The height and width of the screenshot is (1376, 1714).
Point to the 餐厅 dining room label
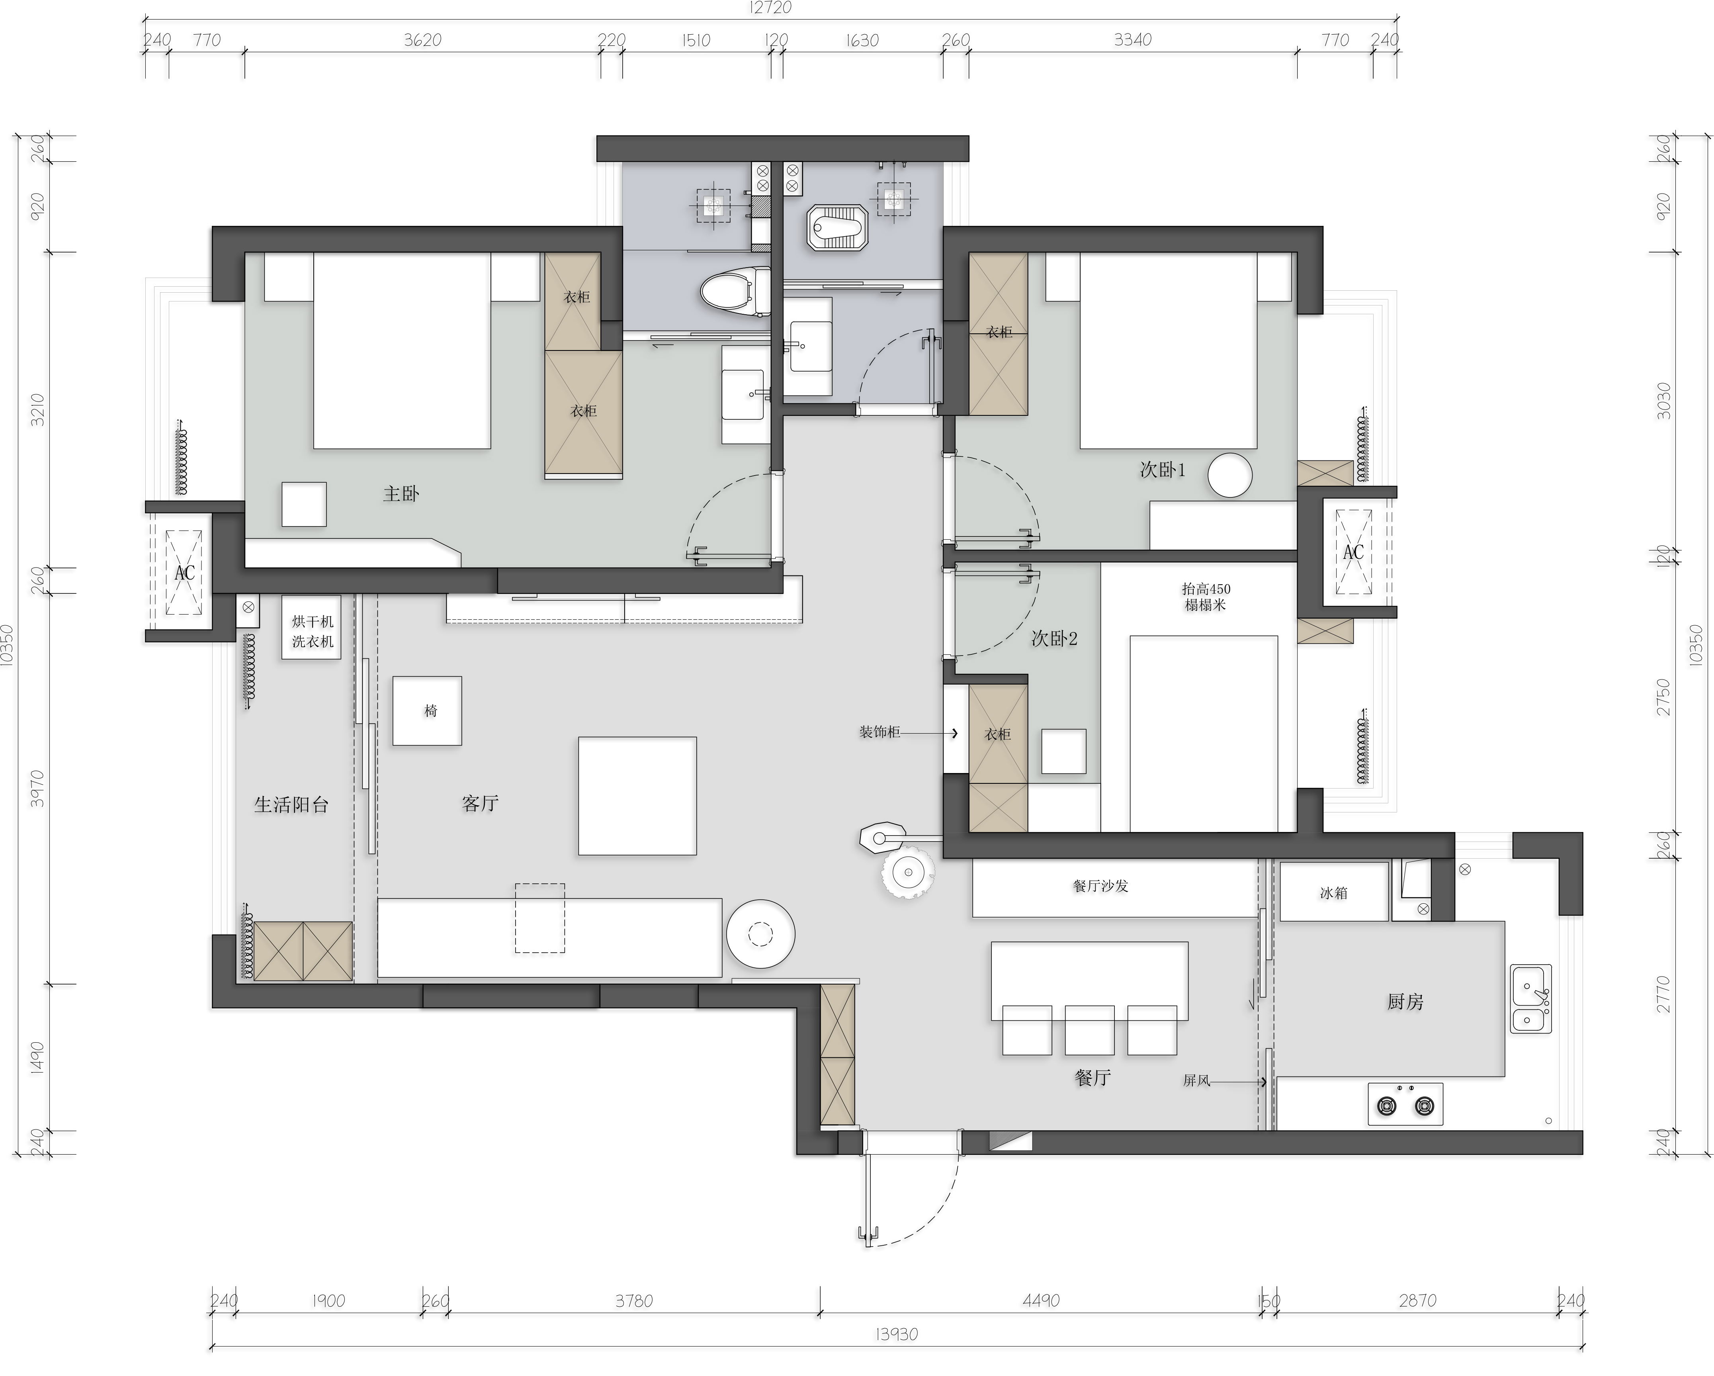point(1093,1078)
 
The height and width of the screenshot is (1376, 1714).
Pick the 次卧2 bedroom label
point(1054,639)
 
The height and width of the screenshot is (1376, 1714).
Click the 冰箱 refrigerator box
point(1334,893)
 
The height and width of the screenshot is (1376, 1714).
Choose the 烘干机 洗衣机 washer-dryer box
point(312,628)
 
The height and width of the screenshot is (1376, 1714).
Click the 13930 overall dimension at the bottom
point(897,1334)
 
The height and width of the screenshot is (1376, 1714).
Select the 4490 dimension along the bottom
point(1041,1300)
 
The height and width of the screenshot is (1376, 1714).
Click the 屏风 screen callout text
point(1196,1081)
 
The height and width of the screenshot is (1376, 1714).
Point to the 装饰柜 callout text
point(879,732)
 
